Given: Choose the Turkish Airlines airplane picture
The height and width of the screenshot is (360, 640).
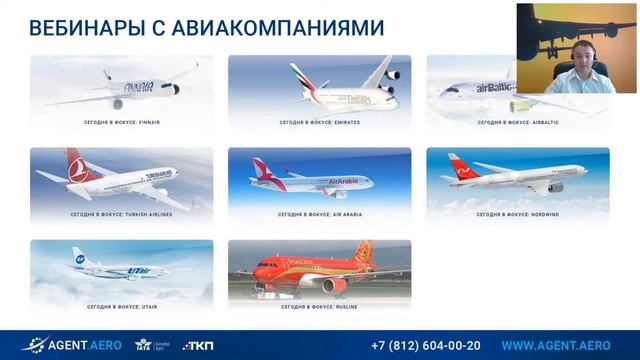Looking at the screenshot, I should (121, 178).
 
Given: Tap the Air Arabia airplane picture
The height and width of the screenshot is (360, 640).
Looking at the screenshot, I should (319, 178).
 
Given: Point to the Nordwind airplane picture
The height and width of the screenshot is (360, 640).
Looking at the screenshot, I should (517, 178).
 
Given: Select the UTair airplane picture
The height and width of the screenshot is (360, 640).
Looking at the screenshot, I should (121, 268).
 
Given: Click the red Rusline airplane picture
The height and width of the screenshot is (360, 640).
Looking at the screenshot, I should (319, 268).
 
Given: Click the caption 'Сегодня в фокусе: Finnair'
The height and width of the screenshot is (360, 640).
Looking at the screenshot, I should (121, 122).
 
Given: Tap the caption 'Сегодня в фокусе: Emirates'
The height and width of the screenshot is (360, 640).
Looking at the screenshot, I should (319, 122).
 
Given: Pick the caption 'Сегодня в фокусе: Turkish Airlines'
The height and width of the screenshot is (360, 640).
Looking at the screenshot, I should (121, 214).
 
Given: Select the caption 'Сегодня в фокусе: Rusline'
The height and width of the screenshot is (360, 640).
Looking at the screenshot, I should (319, 305).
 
